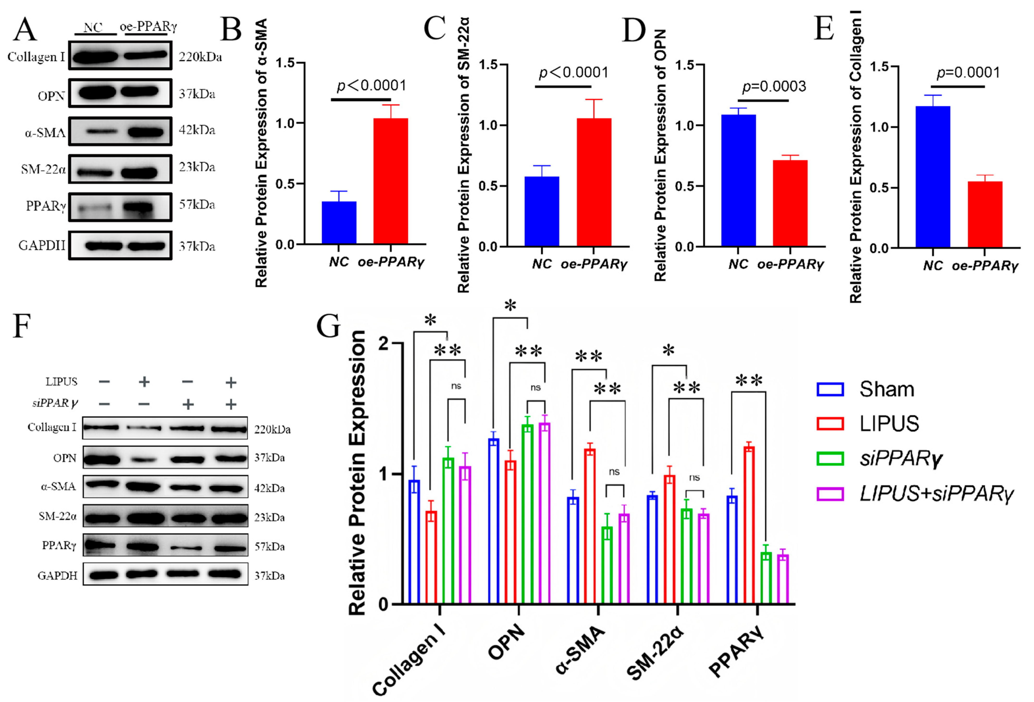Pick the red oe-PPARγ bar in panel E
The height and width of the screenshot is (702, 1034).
pyautogui.click(x=984, y=214)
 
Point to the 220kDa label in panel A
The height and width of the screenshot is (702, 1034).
pyautogui.click(x=200, y=57)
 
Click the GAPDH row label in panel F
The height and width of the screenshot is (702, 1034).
pyautogui.click(x=57, y=576)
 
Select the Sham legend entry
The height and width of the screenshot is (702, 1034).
pyautogui.click(x=865, y=389)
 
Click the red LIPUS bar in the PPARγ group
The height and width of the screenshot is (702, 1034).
pyautogui.click(x=749, y=525)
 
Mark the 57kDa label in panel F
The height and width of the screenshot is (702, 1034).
pyautogui.click(x=269, y=547)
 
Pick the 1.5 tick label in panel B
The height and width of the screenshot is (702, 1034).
pyautogui.click(x=285, y=63)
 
